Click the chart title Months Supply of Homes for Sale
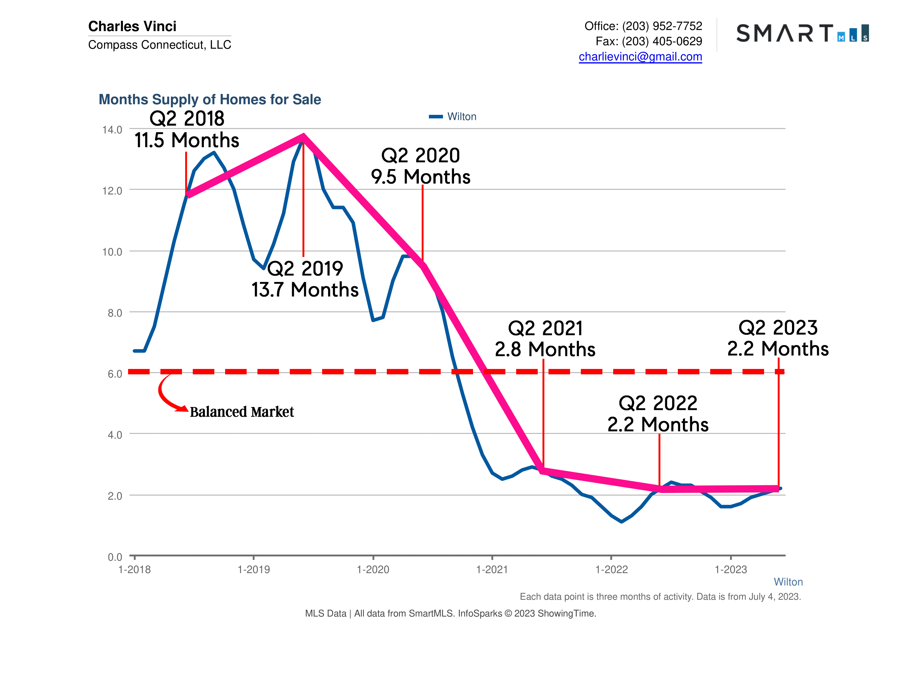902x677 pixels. coord(210,100)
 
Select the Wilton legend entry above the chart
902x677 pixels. coord(453,117)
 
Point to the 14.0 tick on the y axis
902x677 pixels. coord(112,130)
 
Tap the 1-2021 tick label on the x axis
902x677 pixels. coord(492,570)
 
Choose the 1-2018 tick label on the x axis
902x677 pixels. coord(134,570)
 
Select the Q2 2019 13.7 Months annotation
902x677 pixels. coord(305,279)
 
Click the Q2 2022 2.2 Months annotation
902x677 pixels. coord(658,414)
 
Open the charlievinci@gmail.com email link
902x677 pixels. coord(640,57)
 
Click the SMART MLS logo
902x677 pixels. coord(802,33)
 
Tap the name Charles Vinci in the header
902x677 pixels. coord(132,26)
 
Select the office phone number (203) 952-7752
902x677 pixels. coord(662,26)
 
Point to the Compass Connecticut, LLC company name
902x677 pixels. coord(159,44)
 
